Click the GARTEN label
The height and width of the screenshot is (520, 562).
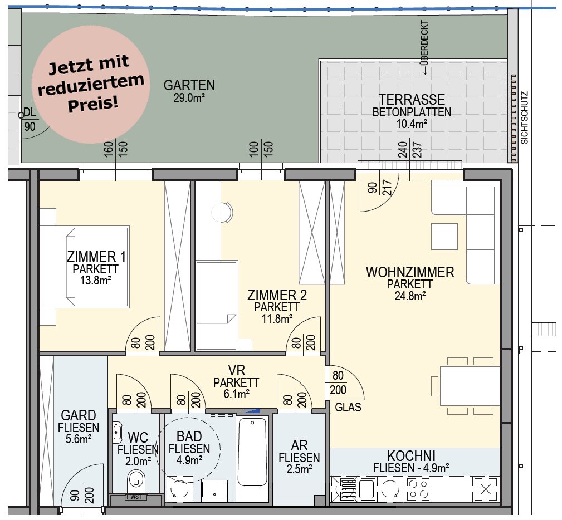(189, 85)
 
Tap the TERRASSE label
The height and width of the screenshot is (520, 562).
(412, 100)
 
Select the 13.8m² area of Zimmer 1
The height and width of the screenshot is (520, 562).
(95, 280)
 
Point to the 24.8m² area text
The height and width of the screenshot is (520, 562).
(410, 296)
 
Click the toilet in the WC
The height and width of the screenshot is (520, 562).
(136, 480)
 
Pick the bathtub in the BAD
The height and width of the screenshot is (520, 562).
(253, 452)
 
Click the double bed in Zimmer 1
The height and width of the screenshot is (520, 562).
(85, 267)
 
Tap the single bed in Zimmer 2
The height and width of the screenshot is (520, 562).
(217, 305)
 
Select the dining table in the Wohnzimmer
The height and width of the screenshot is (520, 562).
(470, 386)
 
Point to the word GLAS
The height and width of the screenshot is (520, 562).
(348, 408)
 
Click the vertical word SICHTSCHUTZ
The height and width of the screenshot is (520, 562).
(525, 117)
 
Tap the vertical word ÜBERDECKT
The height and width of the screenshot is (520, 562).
(425, 42)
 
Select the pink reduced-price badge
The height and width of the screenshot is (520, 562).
(91, 85)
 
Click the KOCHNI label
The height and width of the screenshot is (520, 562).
(411, 456)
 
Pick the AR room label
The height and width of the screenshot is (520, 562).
(299, 445)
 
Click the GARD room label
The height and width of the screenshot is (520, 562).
(79, 415)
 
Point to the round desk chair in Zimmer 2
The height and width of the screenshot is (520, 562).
(223, 213)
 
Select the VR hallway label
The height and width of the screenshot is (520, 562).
(236, 370)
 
